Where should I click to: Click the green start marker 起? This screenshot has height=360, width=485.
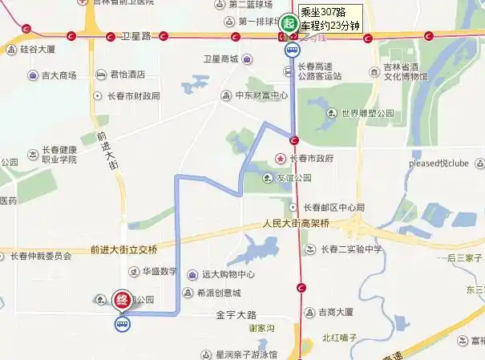tap(288, 23)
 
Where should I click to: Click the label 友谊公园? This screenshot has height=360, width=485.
tap(293, 178)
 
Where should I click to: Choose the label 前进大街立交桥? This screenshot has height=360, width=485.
tap(124, 249)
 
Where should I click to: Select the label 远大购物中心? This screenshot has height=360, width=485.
tap(228, 274)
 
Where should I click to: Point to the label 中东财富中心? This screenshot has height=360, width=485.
tap(261, 95)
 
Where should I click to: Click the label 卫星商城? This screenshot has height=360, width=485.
tap(220, 59)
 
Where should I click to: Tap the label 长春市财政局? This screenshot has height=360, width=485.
tap(133, 95)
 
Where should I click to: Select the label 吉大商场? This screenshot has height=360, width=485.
tap(59, 75)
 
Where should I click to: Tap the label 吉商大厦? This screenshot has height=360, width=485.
tap(336, 312)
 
